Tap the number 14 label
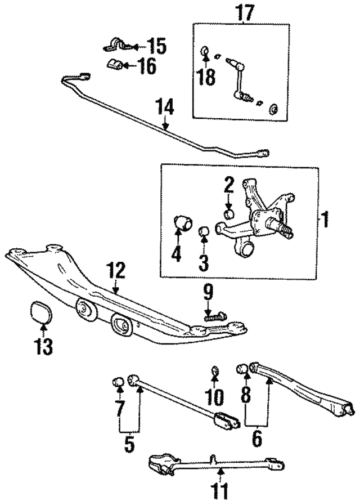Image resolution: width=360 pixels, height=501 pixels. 165,106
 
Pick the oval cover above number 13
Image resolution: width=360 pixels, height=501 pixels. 40,311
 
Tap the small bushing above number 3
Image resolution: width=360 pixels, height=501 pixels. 204,231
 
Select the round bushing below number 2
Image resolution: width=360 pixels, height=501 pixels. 229,213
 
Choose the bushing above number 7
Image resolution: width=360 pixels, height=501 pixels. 119,382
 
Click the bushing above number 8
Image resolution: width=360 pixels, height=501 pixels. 242,368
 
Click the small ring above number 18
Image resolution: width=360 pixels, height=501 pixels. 205,50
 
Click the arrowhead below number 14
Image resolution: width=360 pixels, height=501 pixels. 165,127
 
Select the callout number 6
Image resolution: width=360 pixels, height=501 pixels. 256,439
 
